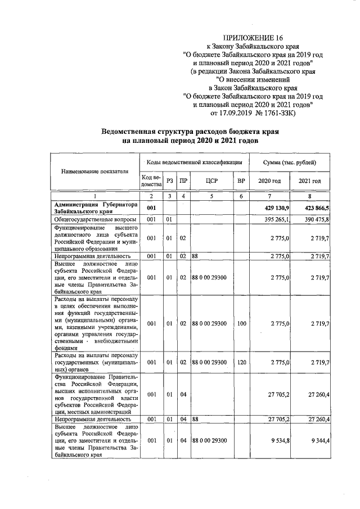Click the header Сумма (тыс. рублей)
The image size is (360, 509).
[289, 162]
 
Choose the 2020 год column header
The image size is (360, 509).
[269, 181]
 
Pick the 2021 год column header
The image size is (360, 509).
[309, 181]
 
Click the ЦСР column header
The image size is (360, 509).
[212, 181]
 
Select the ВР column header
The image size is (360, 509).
[241, 181]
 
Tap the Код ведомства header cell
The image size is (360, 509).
[151, 181]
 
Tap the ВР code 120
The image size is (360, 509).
[241, 363]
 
